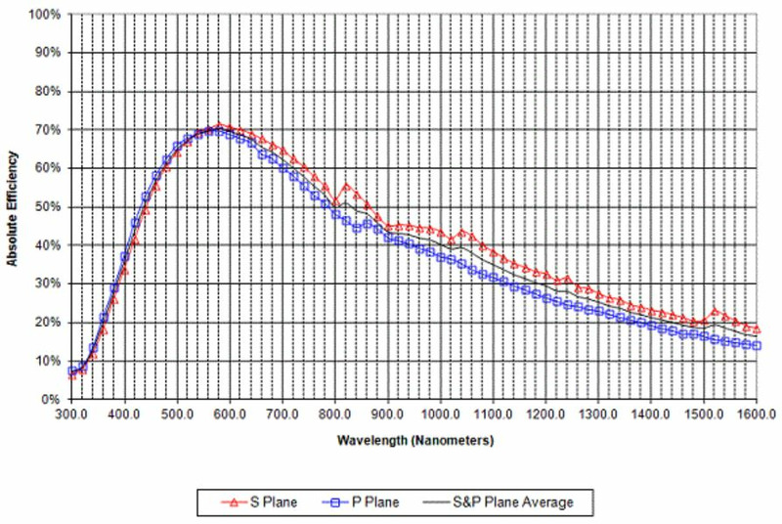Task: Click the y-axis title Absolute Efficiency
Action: tap(14, 208)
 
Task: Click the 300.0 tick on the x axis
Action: tap(71, 415)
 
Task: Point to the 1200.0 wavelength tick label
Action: tap(546, 415)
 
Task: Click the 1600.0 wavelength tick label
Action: tap(758, 415)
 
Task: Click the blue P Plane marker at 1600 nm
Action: tap(757, 346)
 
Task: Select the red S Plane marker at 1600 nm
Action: tap(757, 328)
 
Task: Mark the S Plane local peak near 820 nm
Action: tap(346, 185)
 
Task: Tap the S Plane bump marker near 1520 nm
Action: tap(715, 311)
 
